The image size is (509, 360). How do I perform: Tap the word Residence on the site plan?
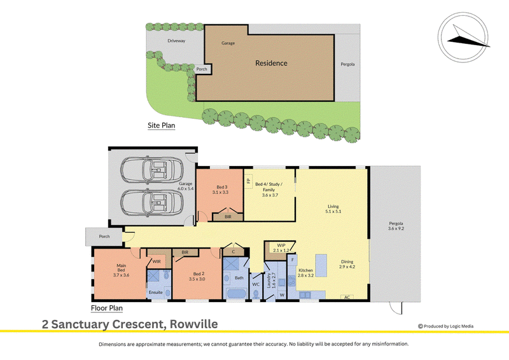click(x=271, y=63)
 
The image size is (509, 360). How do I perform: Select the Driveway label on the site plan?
click(x=176, y=41)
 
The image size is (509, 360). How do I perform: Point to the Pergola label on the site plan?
click(x=347, y=64)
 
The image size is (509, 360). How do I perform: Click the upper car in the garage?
click(x=152, y=169)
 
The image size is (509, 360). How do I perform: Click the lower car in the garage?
click(x=152, y=202)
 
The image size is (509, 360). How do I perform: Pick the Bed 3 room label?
click(x=222, y=187)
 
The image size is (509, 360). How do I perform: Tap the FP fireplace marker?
click(x=249, y=181)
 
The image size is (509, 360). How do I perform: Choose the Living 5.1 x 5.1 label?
click(x=333, y=209)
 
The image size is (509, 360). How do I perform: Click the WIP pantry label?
click(x=281, y=245)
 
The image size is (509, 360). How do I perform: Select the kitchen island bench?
click(x=321, y=265)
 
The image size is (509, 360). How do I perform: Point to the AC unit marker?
click(x=347, y=297)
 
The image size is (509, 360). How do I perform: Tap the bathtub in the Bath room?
click(x=236, y=294)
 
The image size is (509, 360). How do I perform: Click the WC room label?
click(x=256, y=284)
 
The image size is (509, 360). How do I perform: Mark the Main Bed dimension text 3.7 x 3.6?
click(x=121, y=275)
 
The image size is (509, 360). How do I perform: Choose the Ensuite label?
click(x=155, y=292)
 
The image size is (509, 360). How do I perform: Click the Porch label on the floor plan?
click(x=104, y=237)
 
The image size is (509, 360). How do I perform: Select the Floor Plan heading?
click(x=107, y=308)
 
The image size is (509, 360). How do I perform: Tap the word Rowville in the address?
click(x=194, y=324)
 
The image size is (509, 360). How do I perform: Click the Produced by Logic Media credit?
click(x=446, y=326)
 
